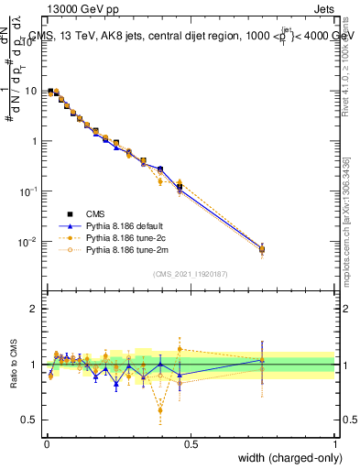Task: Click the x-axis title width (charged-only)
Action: pos(283,458)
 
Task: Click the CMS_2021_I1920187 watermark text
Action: pos(190,273)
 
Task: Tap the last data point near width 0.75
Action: pos(262,248)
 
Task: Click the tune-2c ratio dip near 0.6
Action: pos(160,409)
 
